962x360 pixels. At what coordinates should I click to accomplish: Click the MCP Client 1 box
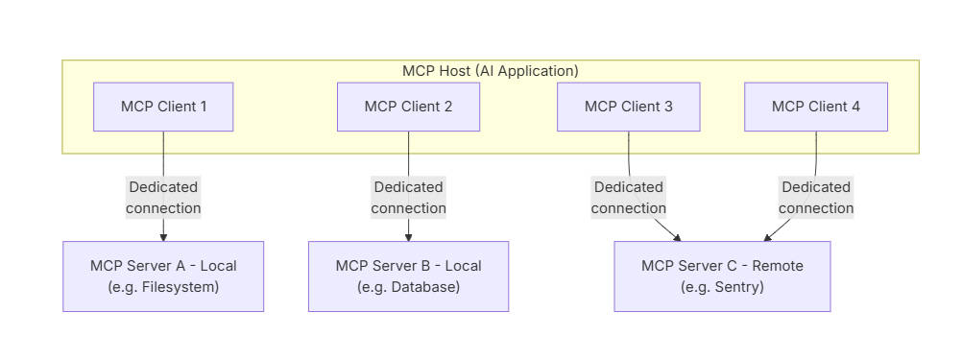pyautogui.click(x=163, y=107)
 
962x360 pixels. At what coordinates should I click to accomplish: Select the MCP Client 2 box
pyautogui.click(x=408, y=107)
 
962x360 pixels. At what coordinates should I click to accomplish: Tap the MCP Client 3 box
pyautogui.click(x=629, y=107)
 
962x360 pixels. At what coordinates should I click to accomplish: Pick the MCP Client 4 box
pyautogui.click(x=816, y=107)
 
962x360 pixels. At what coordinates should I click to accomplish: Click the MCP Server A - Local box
pyautogui.click(x=163, y=276)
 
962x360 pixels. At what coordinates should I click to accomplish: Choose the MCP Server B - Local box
pyautogui.click(x=408, y=276)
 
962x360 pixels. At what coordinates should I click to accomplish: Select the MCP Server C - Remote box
pyautogui.click(x=722, y=276)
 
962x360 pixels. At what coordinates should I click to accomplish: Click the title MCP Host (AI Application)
pyautogui.click(x=491, y=71)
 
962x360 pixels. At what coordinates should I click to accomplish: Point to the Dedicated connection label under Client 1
pyautogui.click(x=163, y=198)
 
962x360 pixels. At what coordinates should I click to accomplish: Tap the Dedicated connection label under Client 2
pyautogui.click(x=408, y=198)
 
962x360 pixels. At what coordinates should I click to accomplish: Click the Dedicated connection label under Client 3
pyautogui.click(x=629, y=198)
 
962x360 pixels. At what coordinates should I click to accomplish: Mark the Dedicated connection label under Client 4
pyautogui.click(x=816, y=198)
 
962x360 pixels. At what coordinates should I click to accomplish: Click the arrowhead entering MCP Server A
pyautogui.click(x=163, y=236)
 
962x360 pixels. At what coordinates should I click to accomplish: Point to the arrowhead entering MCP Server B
pyautogui.click(x=408, y=236)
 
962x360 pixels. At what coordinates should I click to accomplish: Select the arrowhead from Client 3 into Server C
pyautogui.click(x=677, y=237)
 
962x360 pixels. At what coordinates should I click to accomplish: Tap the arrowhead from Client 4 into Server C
pyautogui.click(x=768, y=237)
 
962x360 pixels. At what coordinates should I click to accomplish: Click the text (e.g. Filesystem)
pyautogui.click(x=163, y=286)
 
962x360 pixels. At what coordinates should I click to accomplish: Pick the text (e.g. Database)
pyautogui.click(x=408, y=286)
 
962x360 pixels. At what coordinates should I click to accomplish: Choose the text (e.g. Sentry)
pyautogui.click(x=722, y=286)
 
